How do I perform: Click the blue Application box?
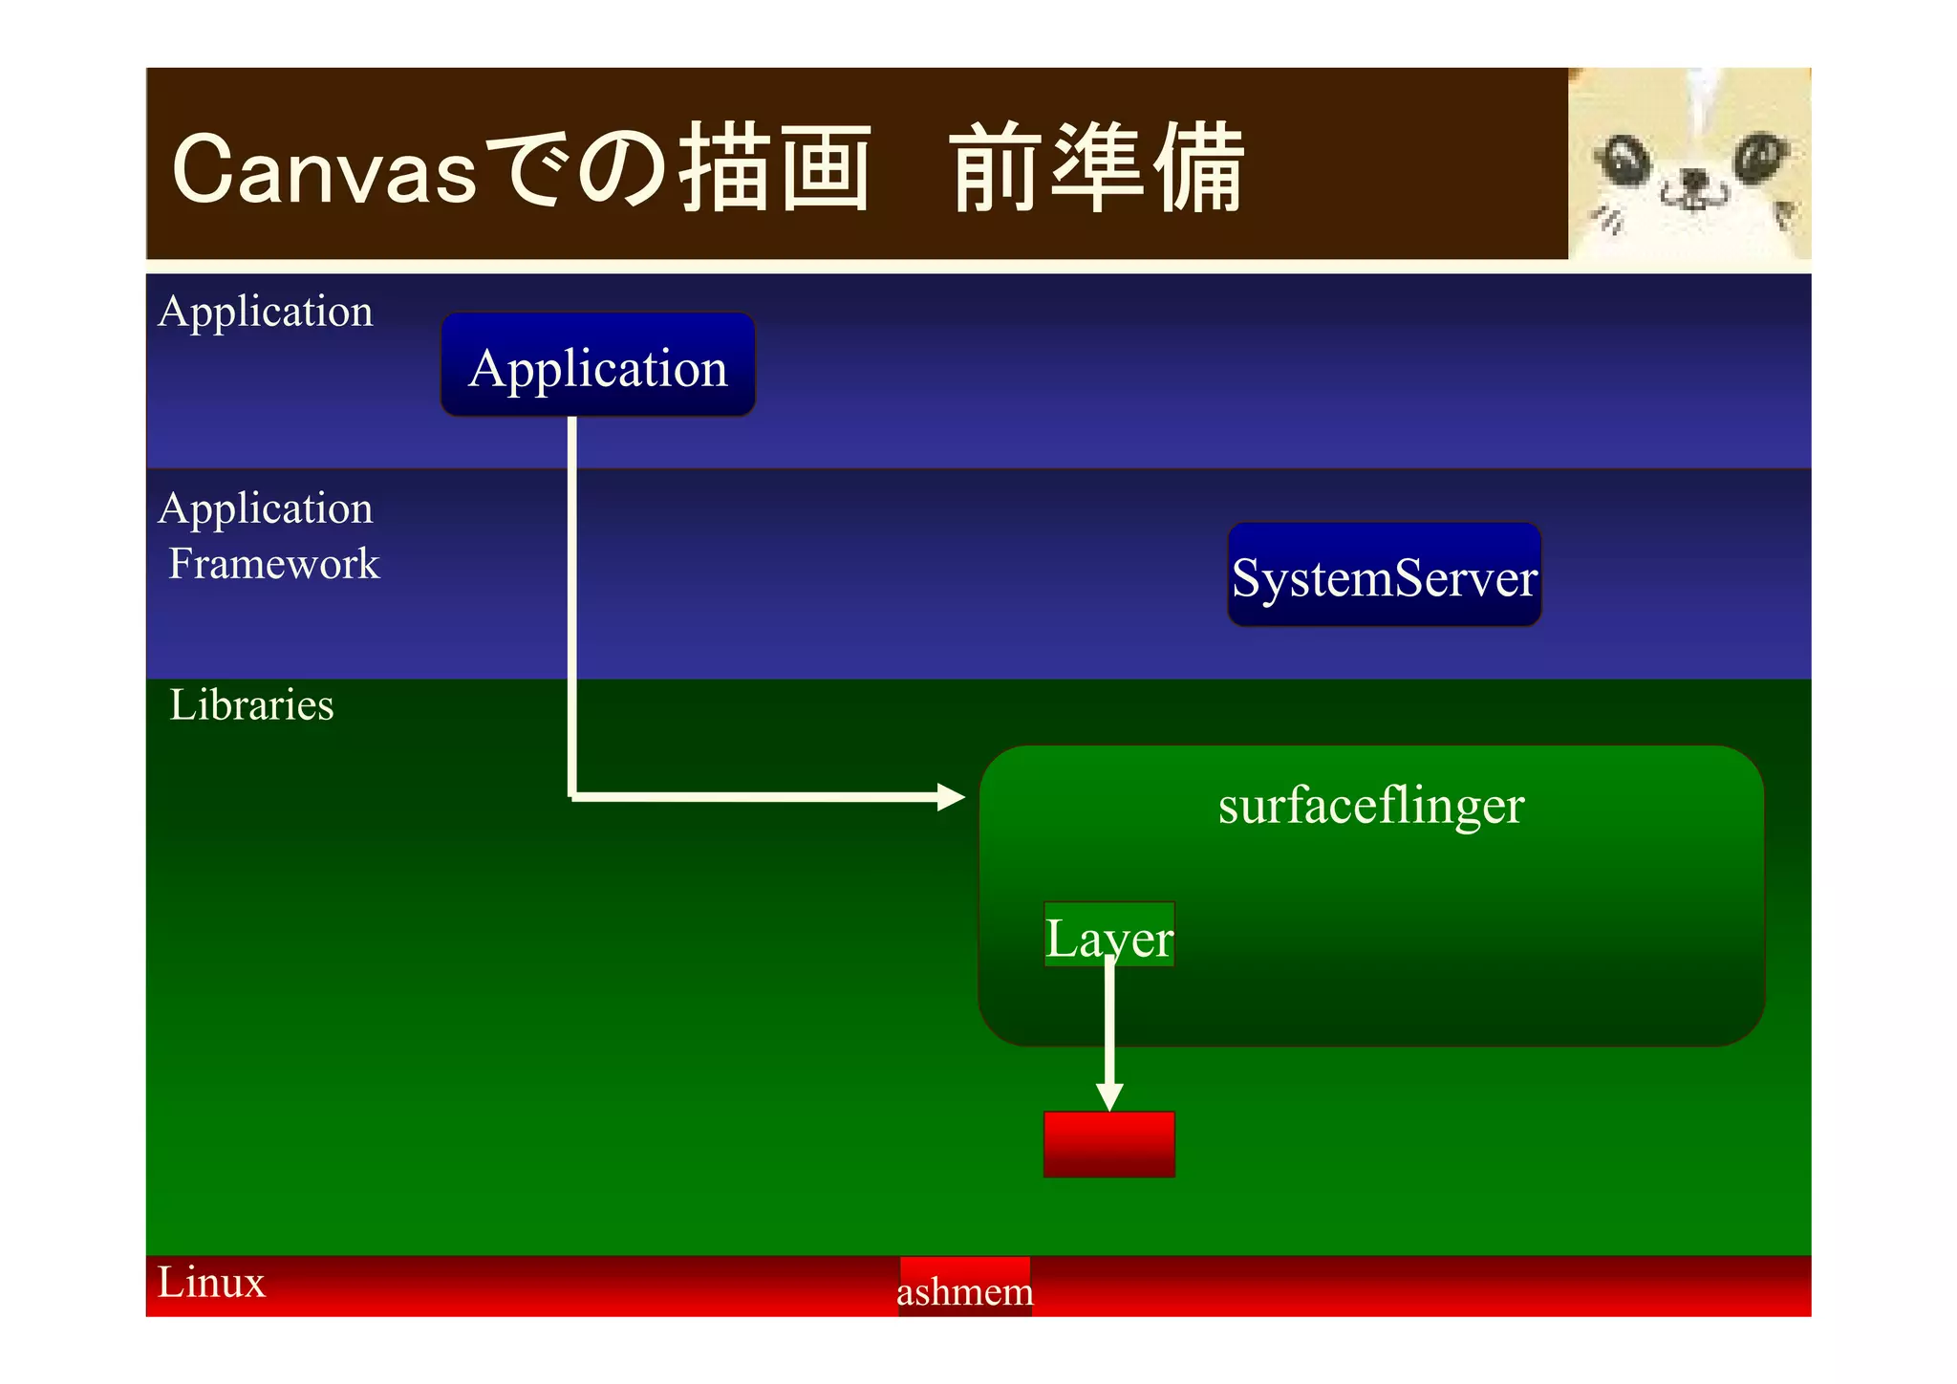597,365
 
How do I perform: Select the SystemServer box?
1384,575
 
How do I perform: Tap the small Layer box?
1108,935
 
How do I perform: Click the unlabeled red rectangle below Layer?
1108,1144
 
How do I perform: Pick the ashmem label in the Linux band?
965,1290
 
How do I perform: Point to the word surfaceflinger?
1370,805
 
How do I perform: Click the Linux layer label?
211,1283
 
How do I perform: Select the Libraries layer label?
251,705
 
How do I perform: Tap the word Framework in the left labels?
274,564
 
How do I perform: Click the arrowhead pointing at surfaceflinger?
951,796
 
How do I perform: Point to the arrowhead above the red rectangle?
1108,1096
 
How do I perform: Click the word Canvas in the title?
324,170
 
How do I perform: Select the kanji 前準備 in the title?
1097,168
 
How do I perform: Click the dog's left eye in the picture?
1625,158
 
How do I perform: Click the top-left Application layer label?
266,312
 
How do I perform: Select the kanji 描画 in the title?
774,168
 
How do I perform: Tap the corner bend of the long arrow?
572,795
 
